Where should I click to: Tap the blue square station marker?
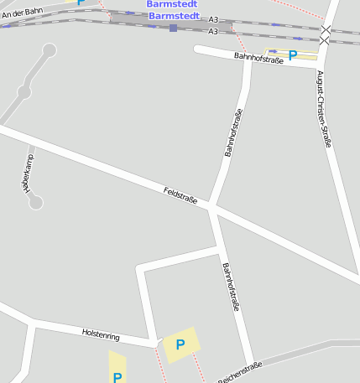pyautogui.click(x=173, y=28)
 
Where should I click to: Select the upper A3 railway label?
pyautogui.click(x=213, y=19)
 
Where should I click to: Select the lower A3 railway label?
pyautogui.click(x=213, y=31)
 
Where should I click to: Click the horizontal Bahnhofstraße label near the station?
pyautogui.click(x=258, y=57)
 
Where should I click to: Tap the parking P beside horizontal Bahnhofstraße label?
pyautogui.click(x=292, y=55)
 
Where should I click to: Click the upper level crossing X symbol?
pyautogui.click(x=326, y=30)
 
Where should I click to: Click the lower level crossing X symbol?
pyautogui.click(x=325, y=40)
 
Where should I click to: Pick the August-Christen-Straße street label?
pyautogui.click(x=323, y=109)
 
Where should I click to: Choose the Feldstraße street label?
pyautogui.click(x=180, y=195)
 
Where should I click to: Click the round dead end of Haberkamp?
pyautogui.click(x=35, y=202)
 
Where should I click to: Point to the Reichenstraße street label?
pyautogui.click(x=240, y=371)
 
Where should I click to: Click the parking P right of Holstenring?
pyautogui.click(x=180, y=344)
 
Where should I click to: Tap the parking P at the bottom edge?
pyautogui.click(x=117, y=377)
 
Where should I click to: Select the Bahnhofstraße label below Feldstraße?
pyautogui.click(x=231, y=287)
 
